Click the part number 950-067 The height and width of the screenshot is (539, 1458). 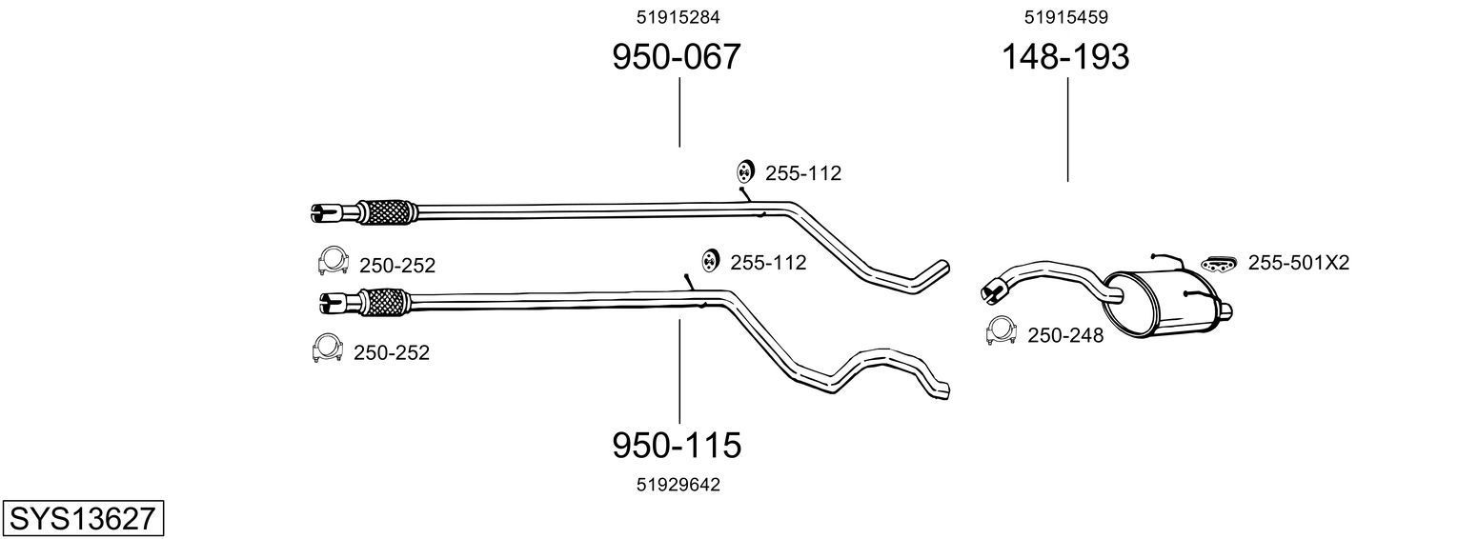[x=676, y=57]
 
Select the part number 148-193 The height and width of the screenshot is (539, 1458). [x=1064, y=57]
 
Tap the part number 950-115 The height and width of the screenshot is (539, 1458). [x=676, y=445]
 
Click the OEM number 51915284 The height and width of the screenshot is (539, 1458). [x=678, y=16]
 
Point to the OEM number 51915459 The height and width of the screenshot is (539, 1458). [x=1066, y=16]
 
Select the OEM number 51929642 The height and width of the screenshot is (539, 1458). [x=678, y=485]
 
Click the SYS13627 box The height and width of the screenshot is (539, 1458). [x=82, y=519]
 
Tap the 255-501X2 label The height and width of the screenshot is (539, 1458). [x=1299, y=263]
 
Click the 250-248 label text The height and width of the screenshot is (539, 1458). [x=1064, y=335]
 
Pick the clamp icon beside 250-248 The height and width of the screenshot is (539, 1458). [x=1000, y=329]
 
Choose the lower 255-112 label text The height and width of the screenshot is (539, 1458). [x=768, y=263]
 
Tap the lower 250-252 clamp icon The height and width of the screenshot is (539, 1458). [x=327, y=349]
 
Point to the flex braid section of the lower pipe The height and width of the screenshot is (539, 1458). [x=385, y=302]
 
